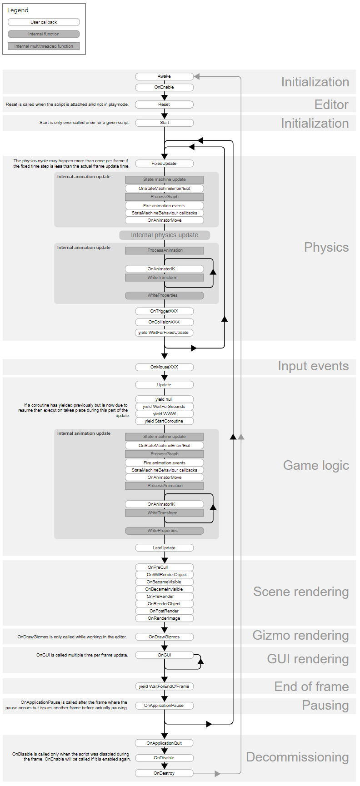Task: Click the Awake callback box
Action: (x=164, y=76)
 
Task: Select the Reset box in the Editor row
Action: (x=164, y=104)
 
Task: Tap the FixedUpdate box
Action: (x=164, y=164)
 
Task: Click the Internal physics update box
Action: (x=165, y=235)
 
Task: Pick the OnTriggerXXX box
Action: (x=164, y=311)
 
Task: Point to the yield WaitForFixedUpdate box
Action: (x=164, y=333)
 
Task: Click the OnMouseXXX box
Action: (x=164, y=367)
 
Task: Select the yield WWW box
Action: (x=164, y=414)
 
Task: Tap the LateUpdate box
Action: (x=164, y=548)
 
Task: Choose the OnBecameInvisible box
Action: (x=164, y=589)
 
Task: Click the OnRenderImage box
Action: (x=164, y=618)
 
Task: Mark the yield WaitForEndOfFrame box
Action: (x=164, y=687)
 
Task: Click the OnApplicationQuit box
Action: (x=164, y=743)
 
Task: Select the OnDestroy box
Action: (x=164, y=773)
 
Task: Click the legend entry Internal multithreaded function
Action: (x=44, y=46)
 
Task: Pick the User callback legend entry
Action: (x=44, y=22)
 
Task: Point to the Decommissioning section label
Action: (x=297, y=757)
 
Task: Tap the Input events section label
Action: (x=313, y=366)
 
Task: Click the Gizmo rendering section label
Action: (x=300, y=636)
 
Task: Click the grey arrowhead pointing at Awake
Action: (x=197, y=76)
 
